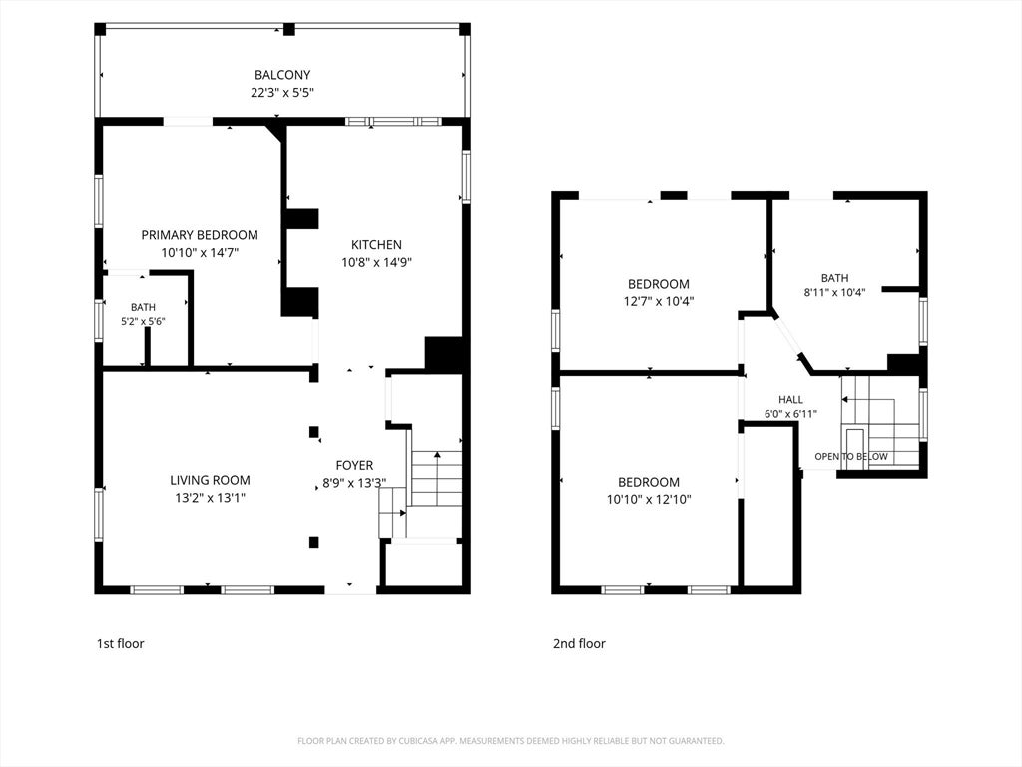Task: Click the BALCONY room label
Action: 282,75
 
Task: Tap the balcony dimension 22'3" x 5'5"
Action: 282,93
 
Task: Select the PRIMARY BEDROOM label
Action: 200,235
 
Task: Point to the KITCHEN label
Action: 376,245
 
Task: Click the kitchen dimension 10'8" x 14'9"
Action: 376,263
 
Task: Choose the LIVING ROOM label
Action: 210,480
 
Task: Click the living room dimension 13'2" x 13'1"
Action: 210,499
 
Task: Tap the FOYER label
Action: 354,465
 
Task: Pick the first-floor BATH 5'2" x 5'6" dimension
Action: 143,321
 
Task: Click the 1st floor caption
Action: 120,644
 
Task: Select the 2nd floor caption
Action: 580,644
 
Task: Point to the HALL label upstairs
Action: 790,399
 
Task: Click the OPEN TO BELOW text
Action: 851,457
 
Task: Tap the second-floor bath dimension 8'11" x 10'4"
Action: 835,293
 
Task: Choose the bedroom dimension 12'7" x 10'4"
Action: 659,302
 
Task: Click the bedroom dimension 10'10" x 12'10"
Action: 649,500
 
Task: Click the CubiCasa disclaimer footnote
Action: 511,741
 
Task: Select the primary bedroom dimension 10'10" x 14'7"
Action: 200,253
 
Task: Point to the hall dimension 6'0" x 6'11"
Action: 790,414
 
